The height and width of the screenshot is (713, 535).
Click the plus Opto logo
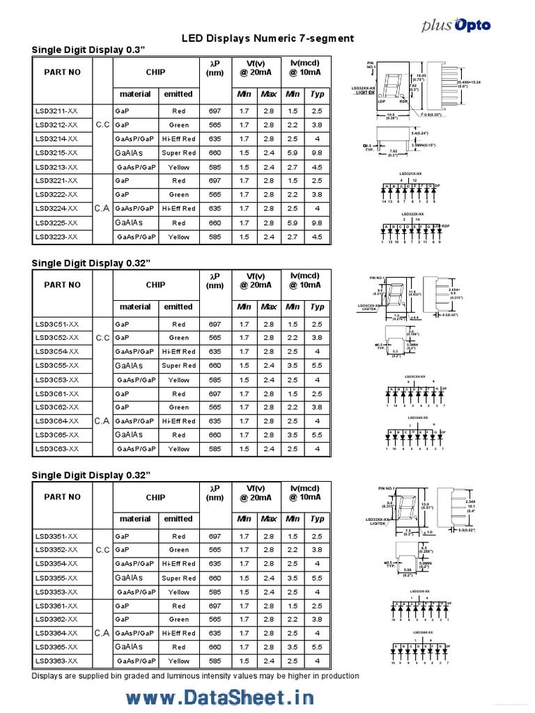click(x=456, y=25)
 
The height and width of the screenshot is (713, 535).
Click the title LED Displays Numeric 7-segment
click(x=267, y=38)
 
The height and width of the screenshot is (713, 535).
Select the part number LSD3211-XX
click(x=56, y=111)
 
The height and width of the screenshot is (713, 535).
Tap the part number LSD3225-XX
click(x=56, y=223)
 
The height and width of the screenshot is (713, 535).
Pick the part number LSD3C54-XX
click(x=56, y=352)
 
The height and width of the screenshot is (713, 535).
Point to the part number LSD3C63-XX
click(x=56, y=449)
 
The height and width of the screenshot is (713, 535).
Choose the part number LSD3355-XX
click(x=56, y=578)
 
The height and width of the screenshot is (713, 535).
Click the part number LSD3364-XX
click(x=56, y=633)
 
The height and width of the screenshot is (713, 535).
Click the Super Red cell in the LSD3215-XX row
click(x=179, y=153)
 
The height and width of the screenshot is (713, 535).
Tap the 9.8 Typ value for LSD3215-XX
click(x=317, y=153)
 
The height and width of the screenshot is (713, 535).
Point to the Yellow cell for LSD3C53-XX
click(x=179, y=380)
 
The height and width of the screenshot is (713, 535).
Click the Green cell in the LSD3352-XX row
click(x=179, y=550)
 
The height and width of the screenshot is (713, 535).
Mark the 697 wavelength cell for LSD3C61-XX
click(x=215, y=394)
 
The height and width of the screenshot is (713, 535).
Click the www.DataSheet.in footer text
click(x=219, y=697)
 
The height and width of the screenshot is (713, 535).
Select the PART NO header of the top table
click(x=62, y=72)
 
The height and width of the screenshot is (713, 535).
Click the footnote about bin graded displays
click(x=196, y=676)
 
